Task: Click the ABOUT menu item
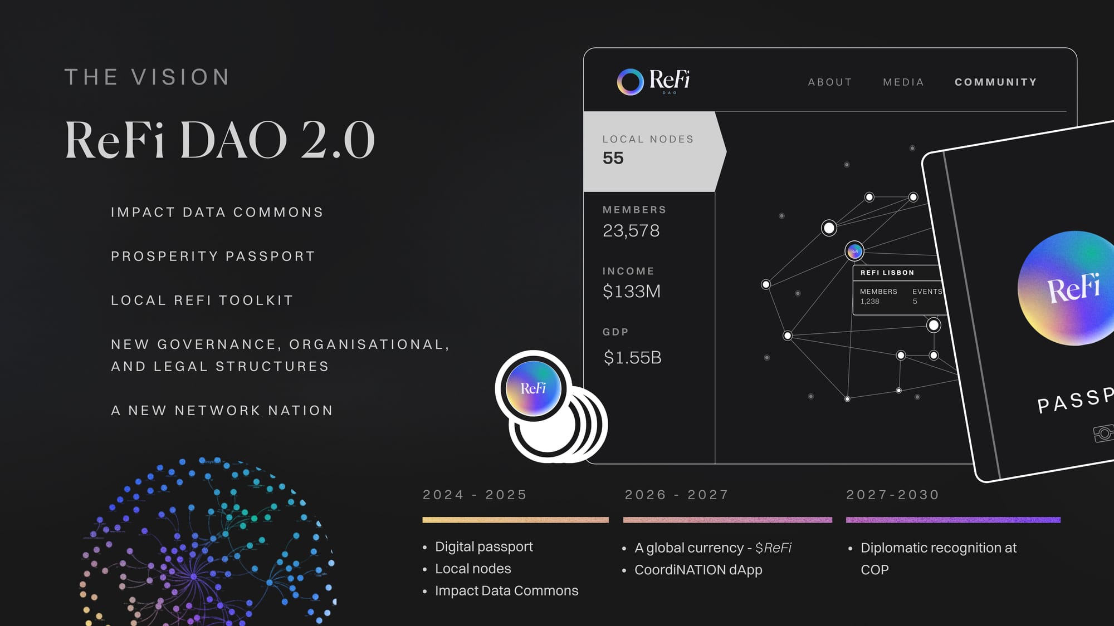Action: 830,82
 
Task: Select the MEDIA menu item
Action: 903,82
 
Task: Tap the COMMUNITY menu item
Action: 996,82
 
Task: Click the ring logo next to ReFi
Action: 630,82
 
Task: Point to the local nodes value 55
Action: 613,158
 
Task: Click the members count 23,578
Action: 631,230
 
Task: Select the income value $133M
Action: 632,291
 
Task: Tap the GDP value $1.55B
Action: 633,357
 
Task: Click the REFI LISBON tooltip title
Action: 887,273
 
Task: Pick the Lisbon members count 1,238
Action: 869,302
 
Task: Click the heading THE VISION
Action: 148,77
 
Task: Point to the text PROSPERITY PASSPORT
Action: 213,257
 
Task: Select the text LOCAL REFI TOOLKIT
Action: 202,300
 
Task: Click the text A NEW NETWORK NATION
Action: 222,411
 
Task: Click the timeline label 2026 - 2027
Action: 677,495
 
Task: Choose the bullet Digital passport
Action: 483,547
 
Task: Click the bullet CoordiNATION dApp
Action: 698,570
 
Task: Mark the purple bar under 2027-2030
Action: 953,520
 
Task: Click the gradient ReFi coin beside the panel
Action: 533,388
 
